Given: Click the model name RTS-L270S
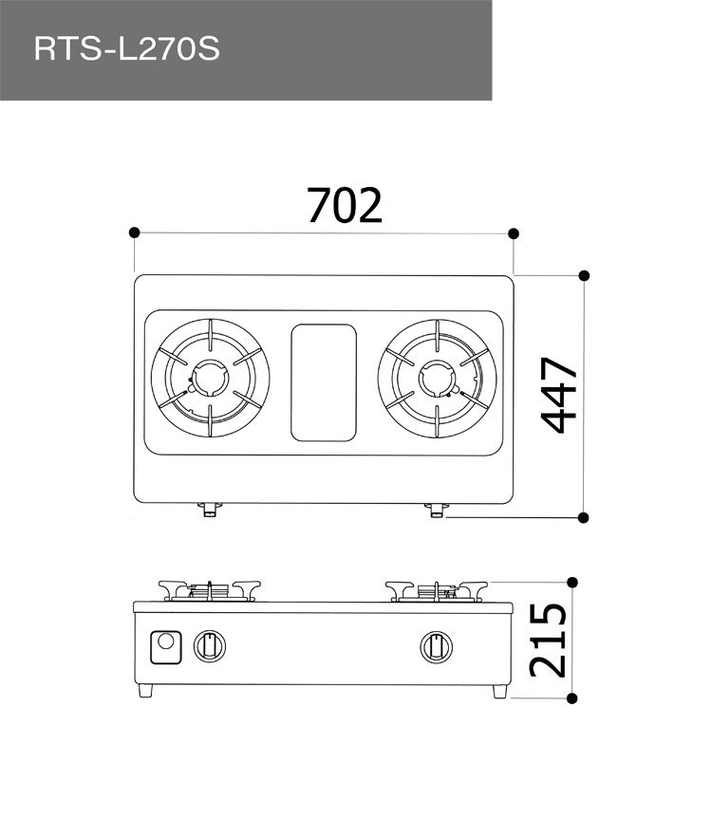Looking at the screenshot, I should [x=126, y=49].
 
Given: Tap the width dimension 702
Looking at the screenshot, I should [x=345, y=205].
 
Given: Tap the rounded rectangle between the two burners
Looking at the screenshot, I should [x=324, y=381].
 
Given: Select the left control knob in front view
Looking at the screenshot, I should [x=210, y=647].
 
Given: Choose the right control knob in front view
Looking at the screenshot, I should [x=436, y=647].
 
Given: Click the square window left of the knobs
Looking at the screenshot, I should [x=167, y=647].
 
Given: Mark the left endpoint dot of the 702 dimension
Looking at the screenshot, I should [x=135, y=232].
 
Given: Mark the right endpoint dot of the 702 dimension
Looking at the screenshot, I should [x=514, y=232].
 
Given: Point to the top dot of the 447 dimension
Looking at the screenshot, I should [x=584, y=275].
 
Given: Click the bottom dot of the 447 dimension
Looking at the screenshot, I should [x=584, y=517].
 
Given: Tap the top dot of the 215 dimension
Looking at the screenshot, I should [x=571, y=582].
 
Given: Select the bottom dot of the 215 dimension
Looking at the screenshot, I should [x=571, y=698].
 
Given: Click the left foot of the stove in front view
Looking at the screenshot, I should [x=147, y=691].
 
